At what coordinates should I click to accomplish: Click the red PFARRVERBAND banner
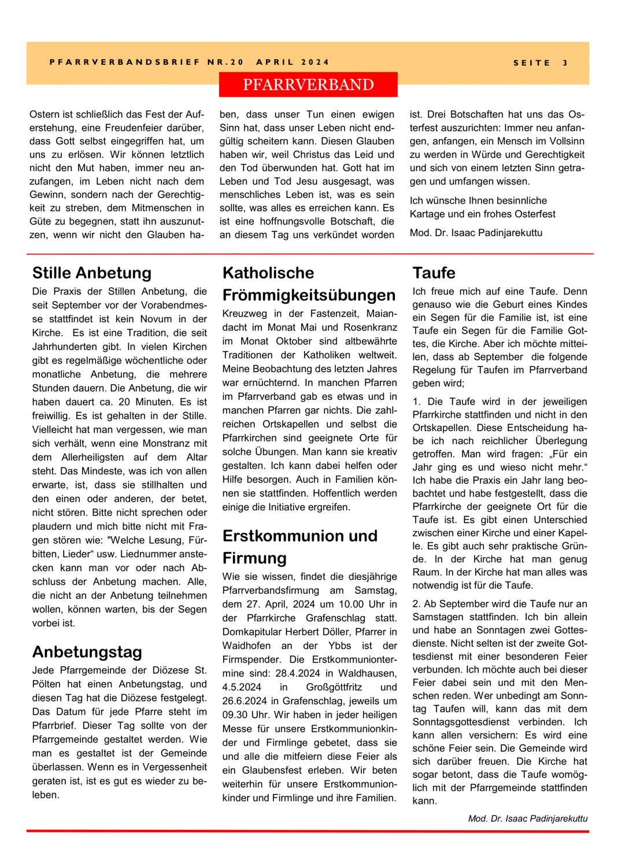click(308, 84)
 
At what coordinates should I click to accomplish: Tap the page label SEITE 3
click(541, 62)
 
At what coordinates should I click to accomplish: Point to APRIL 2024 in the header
click(293, 62)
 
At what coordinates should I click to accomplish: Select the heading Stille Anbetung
click(92, 273)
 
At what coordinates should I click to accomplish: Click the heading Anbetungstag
click(87, 652)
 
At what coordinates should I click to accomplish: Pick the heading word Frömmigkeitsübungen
click(309, 295)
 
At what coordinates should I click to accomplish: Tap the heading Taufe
click(434, 273)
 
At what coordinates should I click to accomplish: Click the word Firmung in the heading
click(254, 558)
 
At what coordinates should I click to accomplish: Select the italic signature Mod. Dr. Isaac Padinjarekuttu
click(527, 818)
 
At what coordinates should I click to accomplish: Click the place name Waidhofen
click(246, 645)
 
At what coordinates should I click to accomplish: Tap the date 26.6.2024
click(250, 701)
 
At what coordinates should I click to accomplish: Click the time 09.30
click(236, 715)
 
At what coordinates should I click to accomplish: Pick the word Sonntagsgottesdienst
click(461, 722)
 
